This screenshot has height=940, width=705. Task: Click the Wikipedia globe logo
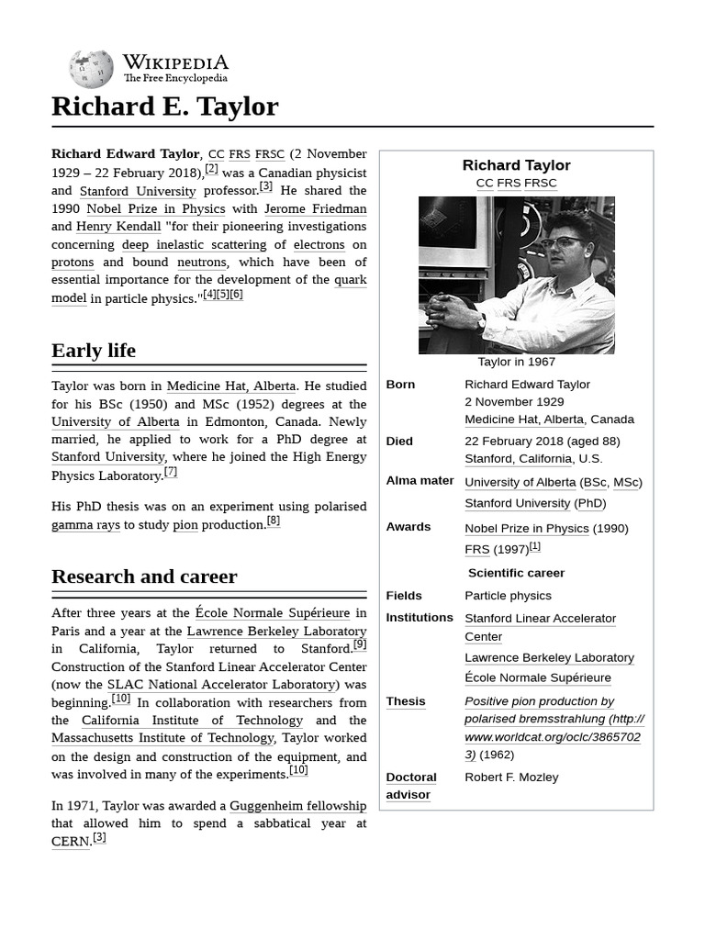[92, 69]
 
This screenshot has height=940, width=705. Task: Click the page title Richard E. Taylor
[164, 106]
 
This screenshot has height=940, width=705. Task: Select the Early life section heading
[94, 351]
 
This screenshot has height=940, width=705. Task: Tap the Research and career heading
[144, 576]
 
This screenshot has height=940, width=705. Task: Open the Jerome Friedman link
[315, 208]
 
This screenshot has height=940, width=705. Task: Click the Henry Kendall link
[118, 227]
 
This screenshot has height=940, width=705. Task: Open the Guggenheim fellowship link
[297, 806]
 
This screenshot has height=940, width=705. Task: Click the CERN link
[71, 842]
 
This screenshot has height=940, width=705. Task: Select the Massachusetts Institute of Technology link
[162, 738]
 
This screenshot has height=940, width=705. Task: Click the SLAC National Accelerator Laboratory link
[222, 685]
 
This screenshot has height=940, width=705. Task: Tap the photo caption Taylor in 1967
[516, 362]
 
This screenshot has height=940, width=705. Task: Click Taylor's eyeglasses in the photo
[561, 243]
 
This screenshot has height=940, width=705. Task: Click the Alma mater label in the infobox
[420, 481]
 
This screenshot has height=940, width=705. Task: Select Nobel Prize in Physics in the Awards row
[526, 529]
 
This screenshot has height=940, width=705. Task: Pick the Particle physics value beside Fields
[508, 596]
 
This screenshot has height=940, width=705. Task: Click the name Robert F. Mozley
[511, 778]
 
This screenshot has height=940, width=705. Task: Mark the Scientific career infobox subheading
[516, 573]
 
